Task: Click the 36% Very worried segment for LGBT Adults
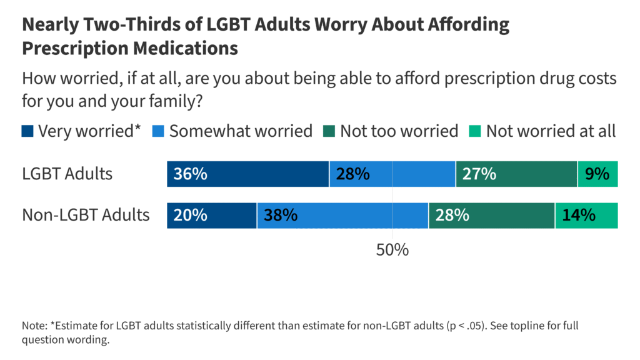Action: point(247,174)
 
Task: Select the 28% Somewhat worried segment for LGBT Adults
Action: point(392,174)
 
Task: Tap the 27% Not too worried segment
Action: point(516,174)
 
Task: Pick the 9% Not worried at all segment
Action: point(597,174)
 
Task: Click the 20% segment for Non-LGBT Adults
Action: point(211,216)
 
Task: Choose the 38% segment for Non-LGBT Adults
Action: point(342,216)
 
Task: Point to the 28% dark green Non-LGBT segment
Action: point(491,216)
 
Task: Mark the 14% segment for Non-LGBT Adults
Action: point(586,216)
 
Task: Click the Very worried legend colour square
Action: point(27,131)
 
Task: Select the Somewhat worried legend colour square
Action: point(159,131)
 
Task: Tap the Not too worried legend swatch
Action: point(329,131)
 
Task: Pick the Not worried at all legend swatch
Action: point(475,131)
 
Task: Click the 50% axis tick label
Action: point(392,250)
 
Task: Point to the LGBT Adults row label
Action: point(67,174)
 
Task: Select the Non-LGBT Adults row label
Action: point(86,216)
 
